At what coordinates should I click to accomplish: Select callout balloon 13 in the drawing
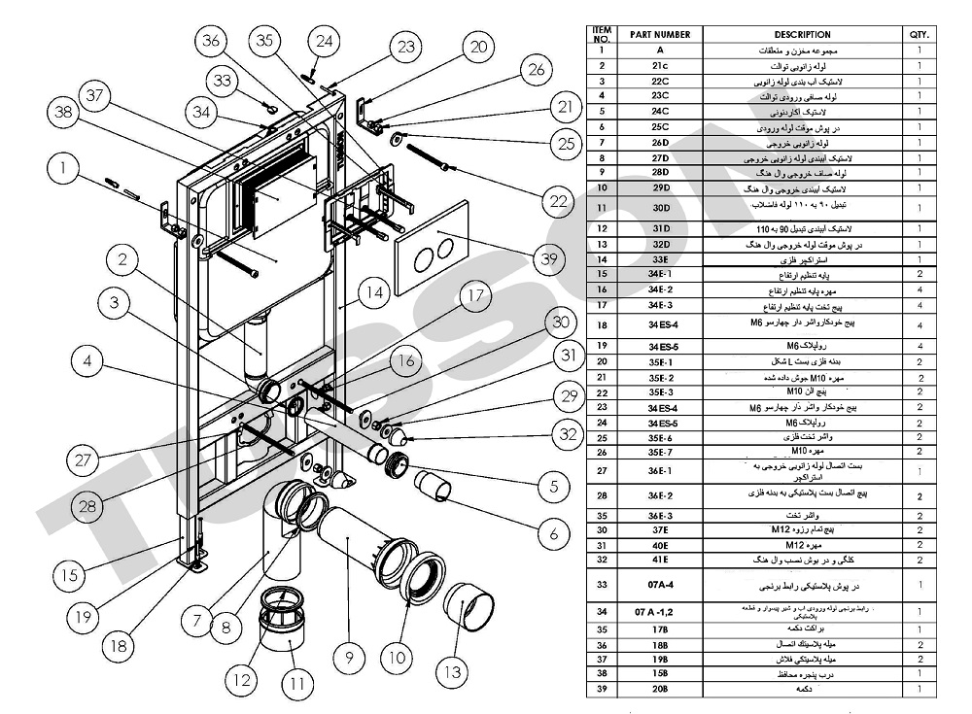[453, 669]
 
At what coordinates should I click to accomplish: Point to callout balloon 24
[325, 41]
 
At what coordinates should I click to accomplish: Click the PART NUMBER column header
[660, 34]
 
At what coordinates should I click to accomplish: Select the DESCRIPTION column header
[803, 34]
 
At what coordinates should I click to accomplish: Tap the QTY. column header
[919, 34]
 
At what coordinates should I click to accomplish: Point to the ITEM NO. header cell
[603, 34]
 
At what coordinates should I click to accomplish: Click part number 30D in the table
[660, 208]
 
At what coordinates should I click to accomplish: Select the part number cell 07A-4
[660, 586]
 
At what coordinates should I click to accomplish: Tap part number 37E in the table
[660, 529]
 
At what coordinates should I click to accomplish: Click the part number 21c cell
[660, 65]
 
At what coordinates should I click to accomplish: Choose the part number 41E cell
[660, 560]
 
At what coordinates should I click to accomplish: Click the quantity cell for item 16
[919, 289]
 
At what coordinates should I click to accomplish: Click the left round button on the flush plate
[421, 259]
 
